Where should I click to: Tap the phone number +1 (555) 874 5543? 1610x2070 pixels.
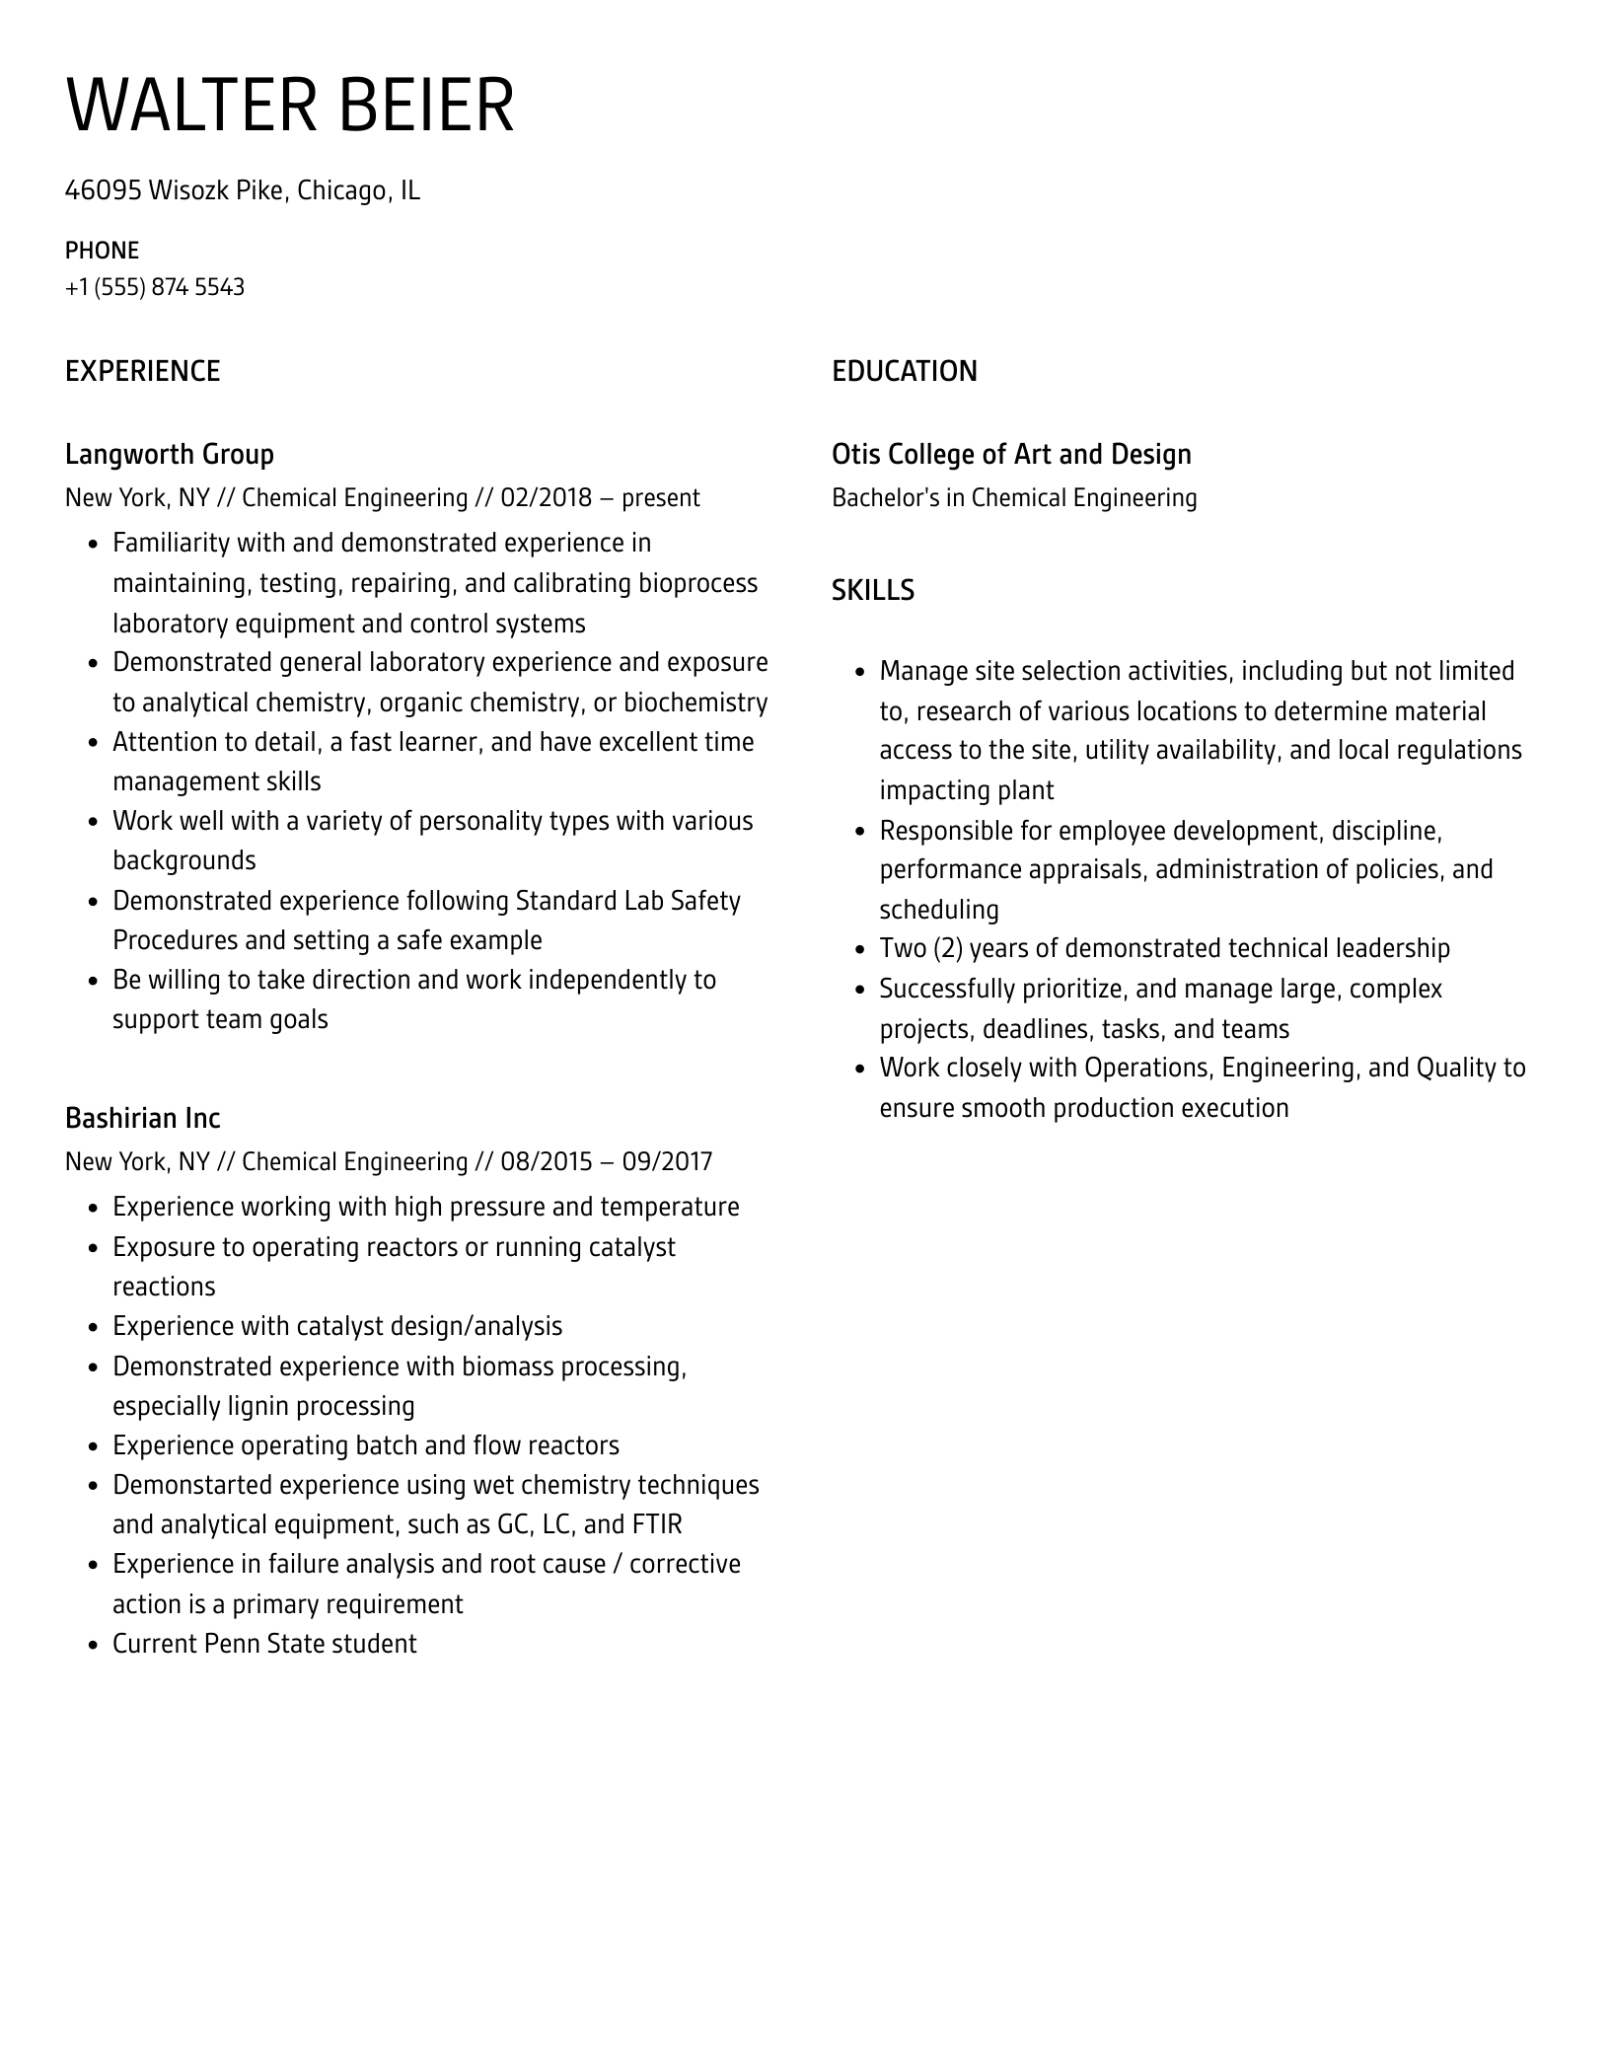(x=155, y=287)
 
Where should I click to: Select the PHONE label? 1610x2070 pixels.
(x=102, y=250)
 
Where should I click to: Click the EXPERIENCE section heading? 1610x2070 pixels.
(x=143, y=371)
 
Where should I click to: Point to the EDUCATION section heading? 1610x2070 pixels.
(x=905, y=371)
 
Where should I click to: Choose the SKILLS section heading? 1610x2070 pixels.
(x=873, y=590)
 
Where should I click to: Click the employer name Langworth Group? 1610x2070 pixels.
(x=170, y=454)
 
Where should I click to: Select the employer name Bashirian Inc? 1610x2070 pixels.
(x=143, y=1118)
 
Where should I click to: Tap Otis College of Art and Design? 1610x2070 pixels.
(x=1011, y=454)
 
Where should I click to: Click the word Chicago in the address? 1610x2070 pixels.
(x=341, y=189)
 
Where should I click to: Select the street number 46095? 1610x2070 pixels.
(x=104, y=189)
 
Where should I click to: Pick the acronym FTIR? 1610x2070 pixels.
(x=656, y=1524)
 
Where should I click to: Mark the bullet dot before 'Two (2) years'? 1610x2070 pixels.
(x=859, y=949)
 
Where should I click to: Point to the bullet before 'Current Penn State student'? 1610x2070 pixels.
(x=93, y=1645)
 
